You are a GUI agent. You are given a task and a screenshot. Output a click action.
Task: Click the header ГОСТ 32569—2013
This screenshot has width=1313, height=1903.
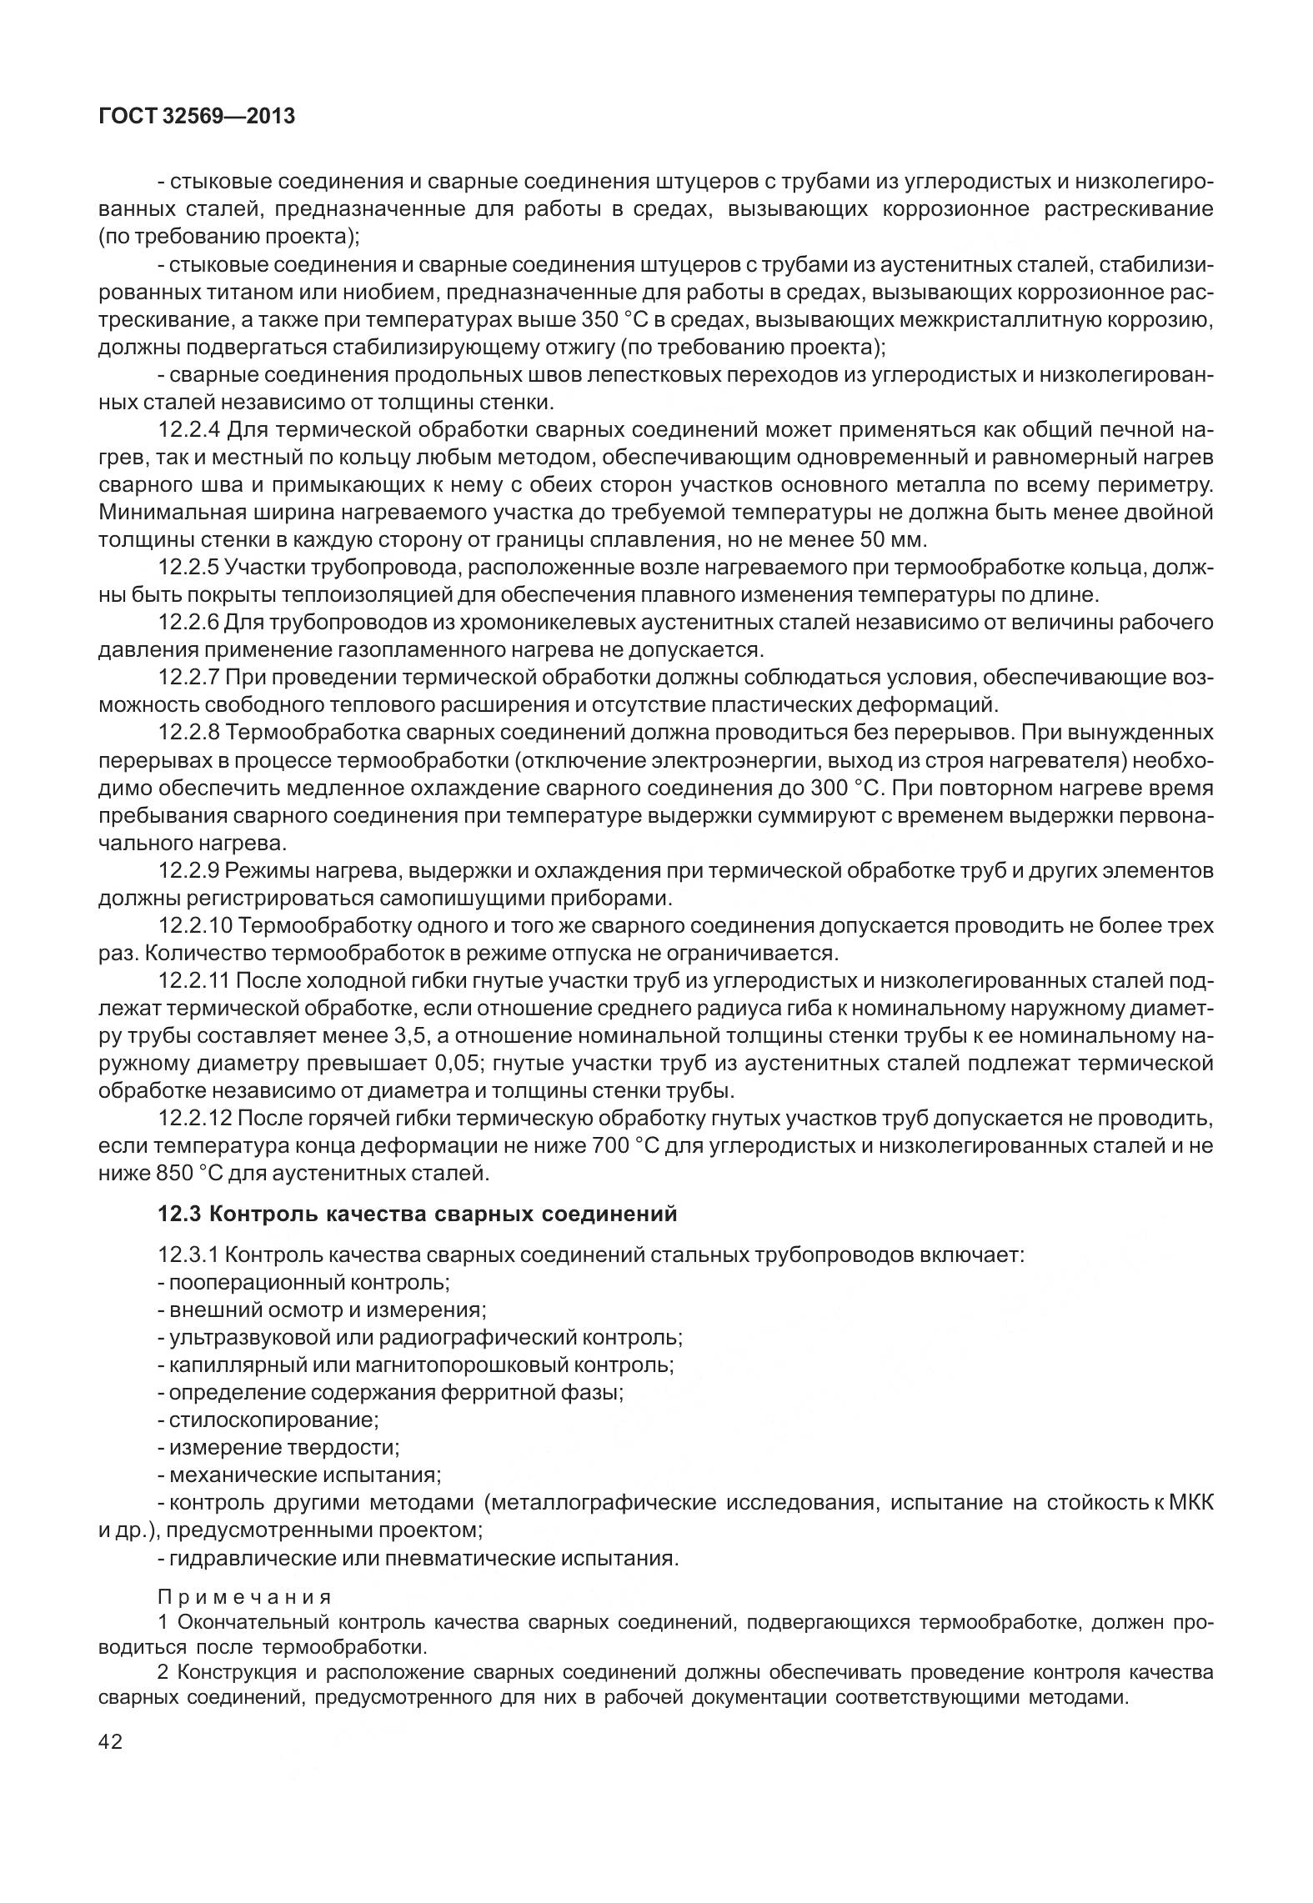coord(197,117)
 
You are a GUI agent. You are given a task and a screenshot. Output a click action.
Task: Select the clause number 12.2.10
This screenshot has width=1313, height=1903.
coord(194,925)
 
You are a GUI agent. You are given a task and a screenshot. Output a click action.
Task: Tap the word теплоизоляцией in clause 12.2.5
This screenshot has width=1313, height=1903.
coord(364,595)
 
